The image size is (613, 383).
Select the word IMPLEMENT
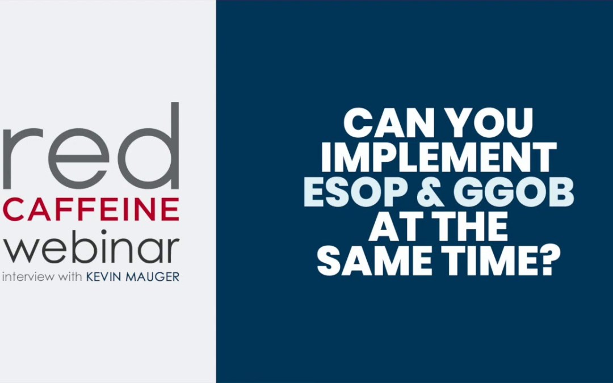[x=438, y=158]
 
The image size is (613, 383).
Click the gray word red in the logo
[x=91, y=153]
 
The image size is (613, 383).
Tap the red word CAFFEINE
[x=91, y=209]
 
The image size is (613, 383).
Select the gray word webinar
[x=91, y=249]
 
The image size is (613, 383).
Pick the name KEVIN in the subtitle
[x=107, y=278]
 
